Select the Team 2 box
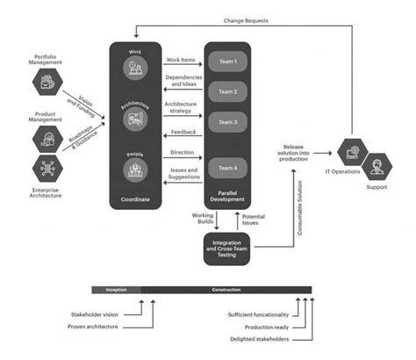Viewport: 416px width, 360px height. coord(227,90)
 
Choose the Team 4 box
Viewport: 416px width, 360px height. coord(227,168)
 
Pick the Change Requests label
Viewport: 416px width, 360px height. coord(247,18)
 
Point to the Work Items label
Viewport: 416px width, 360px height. coord(182,60)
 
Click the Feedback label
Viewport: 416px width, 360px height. coord(183,131)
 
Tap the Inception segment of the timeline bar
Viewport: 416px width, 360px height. coord(116,290)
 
